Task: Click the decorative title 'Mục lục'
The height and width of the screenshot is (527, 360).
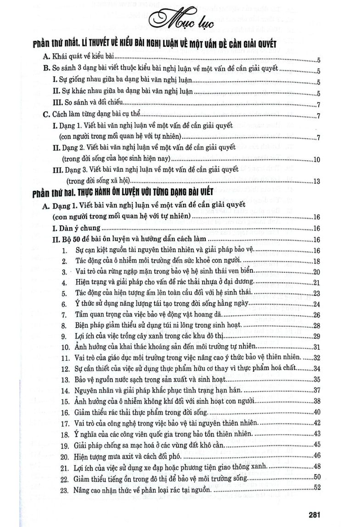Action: (180, 21)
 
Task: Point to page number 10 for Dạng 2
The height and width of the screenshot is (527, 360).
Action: (316, 160)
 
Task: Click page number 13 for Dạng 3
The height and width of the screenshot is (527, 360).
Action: (316, 181)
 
